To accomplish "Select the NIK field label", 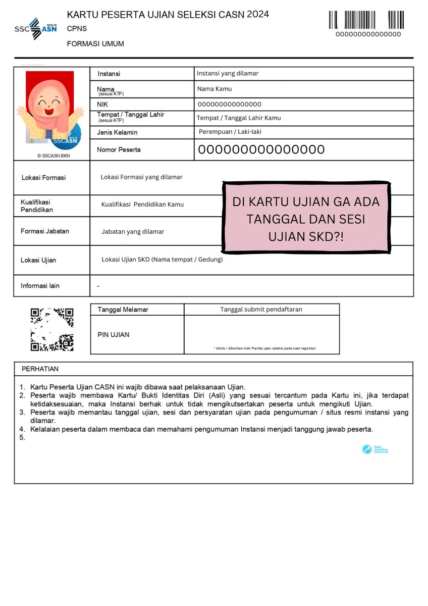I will click(x=103, y=104).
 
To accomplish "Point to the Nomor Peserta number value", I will click(x=261, y=149).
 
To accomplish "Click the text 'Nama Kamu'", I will click(x=214, y=89).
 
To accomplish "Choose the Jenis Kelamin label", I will click(x=117, y=132).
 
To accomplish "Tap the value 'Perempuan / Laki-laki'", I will click(x=230, y=132).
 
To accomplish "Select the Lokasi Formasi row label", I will click(x=43, y=178).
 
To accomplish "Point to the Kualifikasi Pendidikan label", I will click(x=37, y=206).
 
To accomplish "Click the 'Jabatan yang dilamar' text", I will click(x=133, y=231).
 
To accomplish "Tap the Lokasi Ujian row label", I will click(x=38, y=260).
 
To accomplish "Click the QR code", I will click(x=52, y=329).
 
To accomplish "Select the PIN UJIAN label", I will click(x=113, y=335).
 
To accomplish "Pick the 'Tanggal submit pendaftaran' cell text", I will click(x=261, y=310).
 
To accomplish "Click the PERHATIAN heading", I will click(x=40, y=369).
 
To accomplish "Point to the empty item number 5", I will click(x=22, y=438).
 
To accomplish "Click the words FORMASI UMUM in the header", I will click(x=95, y=44).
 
